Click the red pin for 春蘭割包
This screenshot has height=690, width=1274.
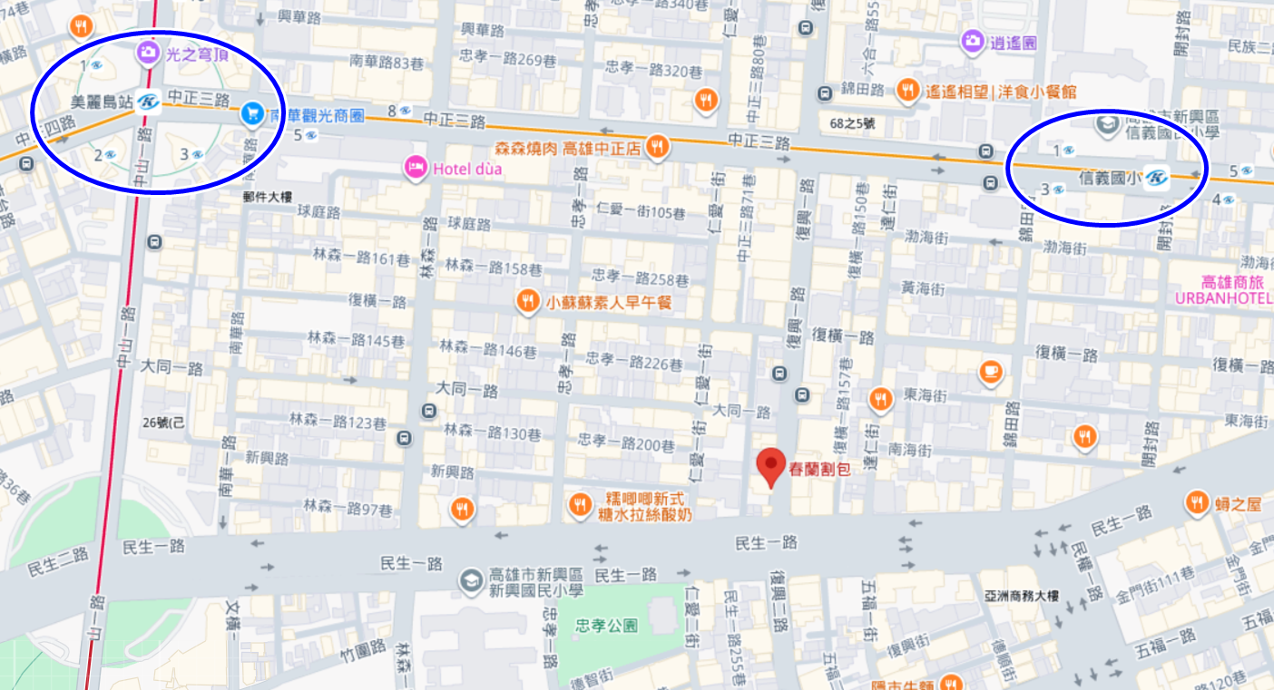click(770, 466)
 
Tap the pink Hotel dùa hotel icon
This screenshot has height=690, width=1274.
click(416, 167)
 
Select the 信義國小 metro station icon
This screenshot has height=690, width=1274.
click(1155, 177)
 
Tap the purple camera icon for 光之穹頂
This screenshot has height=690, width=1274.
click(147, 53)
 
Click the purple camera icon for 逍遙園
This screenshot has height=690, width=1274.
click(972, 41)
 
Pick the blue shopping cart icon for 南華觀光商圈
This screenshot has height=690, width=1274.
click(251, 114)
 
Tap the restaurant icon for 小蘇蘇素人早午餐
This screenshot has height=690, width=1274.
click(527, 301)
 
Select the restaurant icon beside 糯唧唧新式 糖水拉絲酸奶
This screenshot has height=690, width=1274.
click(579, 505)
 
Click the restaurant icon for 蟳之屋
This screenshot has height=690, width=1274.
click(1197, 503)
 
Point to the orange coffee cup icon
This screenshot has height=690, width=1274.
click(990, 371)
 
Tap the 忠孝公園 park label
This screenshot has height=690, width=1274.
click(606, 626)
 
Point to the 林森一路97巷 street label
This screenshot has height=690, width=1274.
click(348, 506)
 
